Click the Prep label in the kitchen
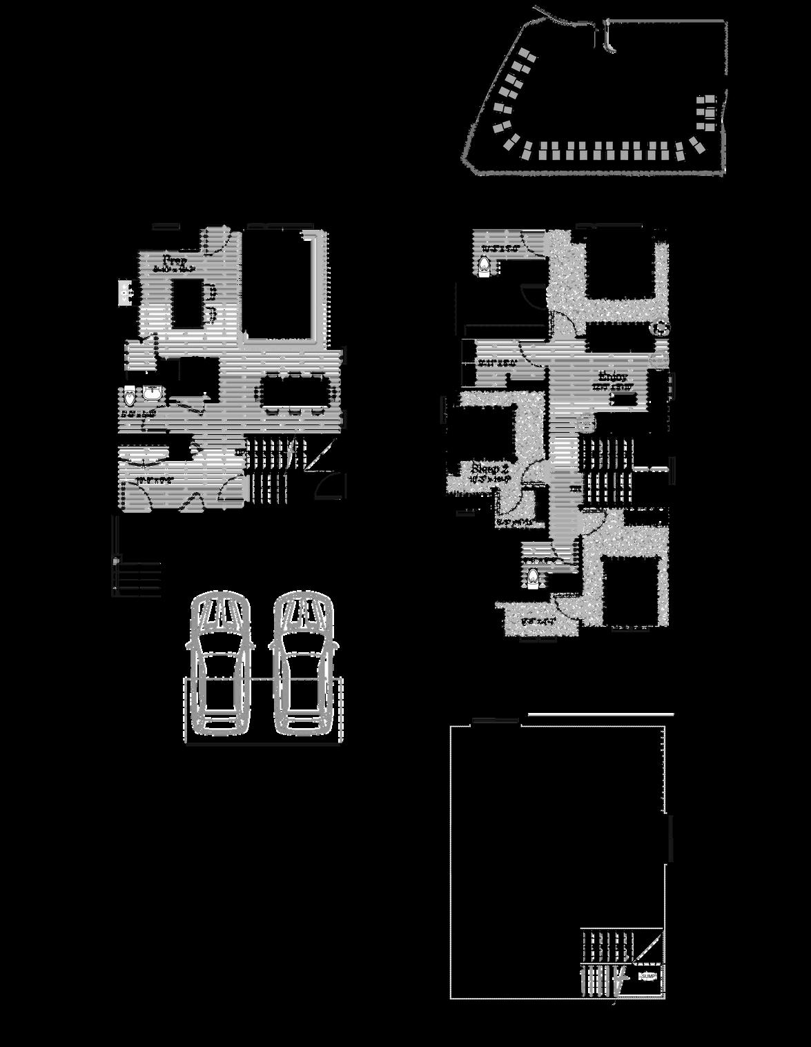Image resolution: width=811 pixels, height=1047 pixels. [175, 260]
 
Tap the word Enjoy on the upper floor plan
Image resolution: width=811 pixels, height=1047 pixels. [613, 377]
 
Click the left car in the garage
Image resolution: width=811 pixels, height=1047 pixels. [219, 665]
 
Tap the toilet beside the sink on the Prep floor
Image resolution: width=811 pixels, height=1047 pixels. [130, 398]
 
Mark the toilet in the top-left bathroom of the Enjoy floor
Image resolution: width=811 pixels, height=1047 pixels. [485, 265]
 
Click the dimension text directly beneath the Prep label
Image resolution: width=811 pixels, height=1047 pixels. [175, 270]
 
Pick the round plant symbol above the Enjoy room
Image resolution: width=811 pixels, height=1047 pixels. [661, 329]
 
